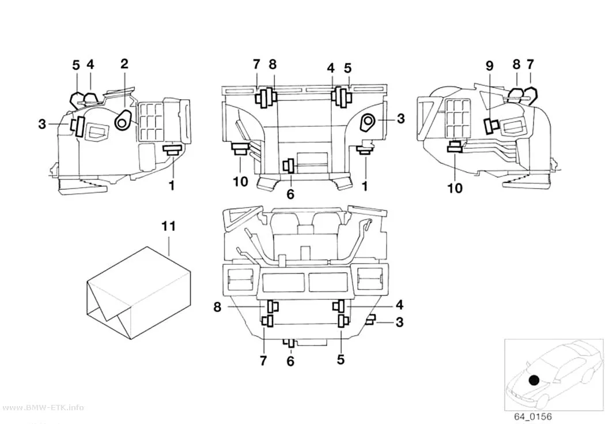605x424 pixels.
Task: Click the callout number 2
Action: click(124, 63)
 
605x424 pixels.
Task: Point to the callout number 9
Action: click(489, 66)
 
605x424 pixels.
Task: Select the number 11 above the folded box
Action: click(169, 226)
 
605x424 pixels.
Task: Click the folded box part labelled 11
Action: click(138, 293)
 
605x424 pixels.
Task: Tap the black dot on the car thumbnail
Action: click(534, 380)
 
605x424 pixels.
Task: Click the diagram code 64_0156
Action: click(532, 417)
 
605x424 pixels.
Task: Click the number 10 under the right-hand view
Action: click(455, 189)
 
